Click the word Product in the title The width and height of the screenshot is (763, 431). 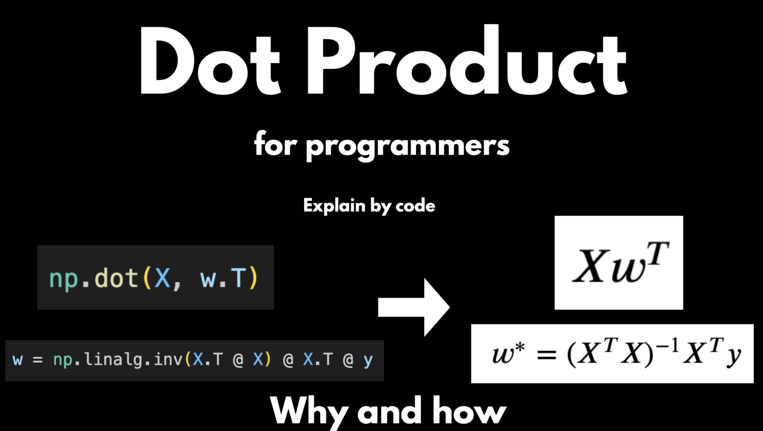[467, 59]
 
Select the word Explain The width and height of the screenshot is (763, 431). [334, 205]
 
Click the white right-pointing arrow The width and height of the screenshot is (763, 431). [414, 307]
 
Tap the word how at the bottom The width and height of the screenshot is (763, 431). [470, 411]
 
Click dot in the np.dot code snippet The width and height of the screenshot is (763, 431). [116, 277]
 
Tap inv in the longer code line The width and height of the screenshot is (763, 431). [168, 359]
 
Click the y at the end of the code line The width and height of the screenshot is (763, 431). [368, 361]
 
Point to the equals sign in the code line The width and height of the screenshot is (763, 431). [38, 360]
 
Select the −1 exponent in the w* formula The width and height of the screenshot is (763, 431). [667, 347]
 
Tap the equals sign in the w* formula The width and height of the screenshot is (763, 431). [547, 355]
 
